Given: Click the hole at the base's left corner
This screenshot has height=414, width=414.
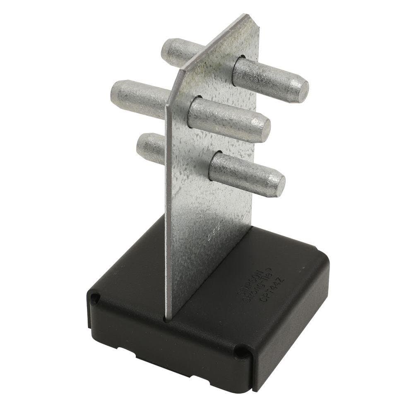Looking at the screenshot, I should (96, 297).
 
